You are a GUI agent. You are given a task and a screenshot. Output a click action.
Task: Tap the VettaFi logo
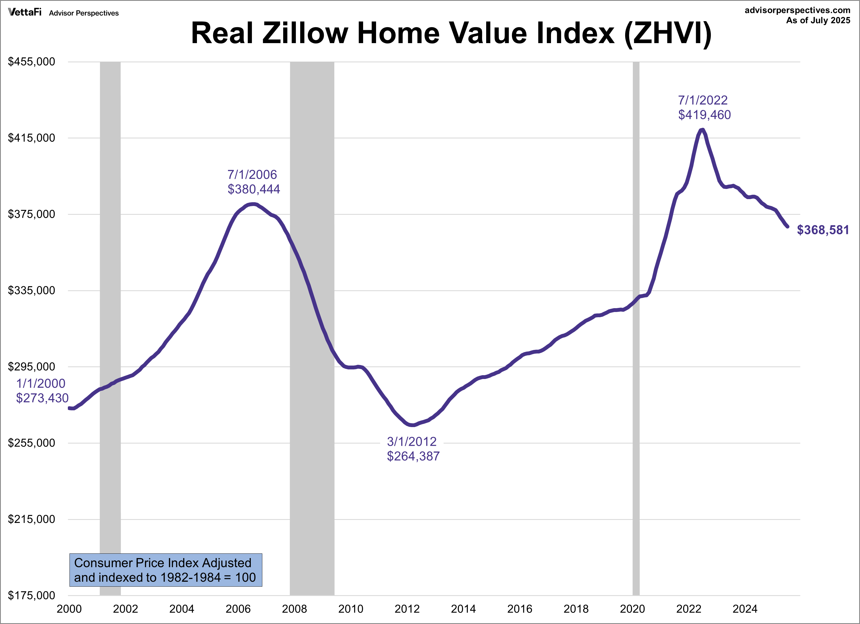click(25, 13)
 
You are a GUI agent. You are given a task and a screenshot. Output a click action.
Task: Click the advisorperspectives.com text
click(797, 10)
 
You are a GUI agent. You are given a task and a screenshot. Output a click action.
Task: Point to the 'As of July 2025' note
click(818, 21)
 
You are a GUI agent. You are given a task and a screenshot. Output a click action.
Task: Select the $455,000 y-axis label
click(32, 62)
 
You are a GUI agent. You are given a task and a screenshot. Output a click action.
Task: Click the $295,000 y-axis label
click(32, 367)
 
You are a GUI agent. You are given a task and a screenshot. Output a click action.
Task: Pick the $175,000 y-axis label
click(32, 595)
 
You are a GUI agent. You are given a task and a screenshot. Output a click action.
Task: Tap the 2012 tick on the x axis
click(407, 609)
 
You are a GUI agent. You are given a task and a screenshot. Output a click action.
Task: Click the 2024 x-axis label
click(745, 609)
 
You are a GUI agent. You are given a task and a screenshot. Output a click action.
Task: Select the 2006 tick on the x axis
click(238, 609)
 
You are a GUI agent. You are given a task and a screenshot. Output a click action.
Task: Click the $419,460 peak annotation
click(704, 115)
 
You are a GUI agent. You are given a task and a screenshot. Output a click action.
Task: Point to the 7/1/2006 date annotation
click(252, 175)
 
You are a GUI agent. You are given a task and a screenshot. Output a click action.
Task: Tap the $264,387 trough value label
click(413, 456)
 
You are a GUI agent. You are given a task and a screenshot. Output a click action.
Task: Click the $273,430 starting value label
click(42, 398)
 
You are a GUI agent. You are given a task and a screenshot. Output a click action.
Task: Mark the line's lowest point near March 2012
click(413, 425)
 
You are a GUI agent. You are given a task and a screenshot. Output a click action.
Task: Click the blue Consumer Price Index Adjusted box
click(166, 570)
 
